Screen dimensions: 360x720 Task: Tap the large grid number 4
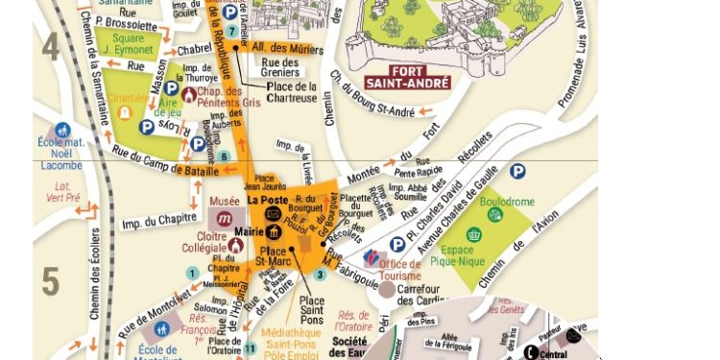tap(50, 45)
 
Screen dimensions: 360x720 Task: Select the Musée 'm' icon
tap(223, 220)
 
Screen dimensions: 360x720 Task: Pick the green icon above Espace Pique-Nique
tap(473, 234)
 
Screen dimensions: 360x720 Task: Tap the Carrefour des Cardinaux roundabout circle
tap(387, 288)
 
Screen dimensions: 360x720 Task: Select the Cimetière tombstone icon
tap(124, 111)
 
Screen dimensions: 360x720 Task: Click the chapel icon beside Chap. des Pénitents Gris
tap(189, 94)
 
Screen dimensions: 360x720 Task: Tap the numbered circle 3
tap(320, 275)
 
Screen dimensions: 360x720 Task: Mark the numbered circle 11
tap(251, 348)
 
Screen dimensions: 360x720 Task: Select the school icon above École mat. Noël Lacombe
tap(63, 130)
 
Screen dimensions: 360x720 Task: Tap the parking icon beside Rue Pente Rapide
tap(517, 171)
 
